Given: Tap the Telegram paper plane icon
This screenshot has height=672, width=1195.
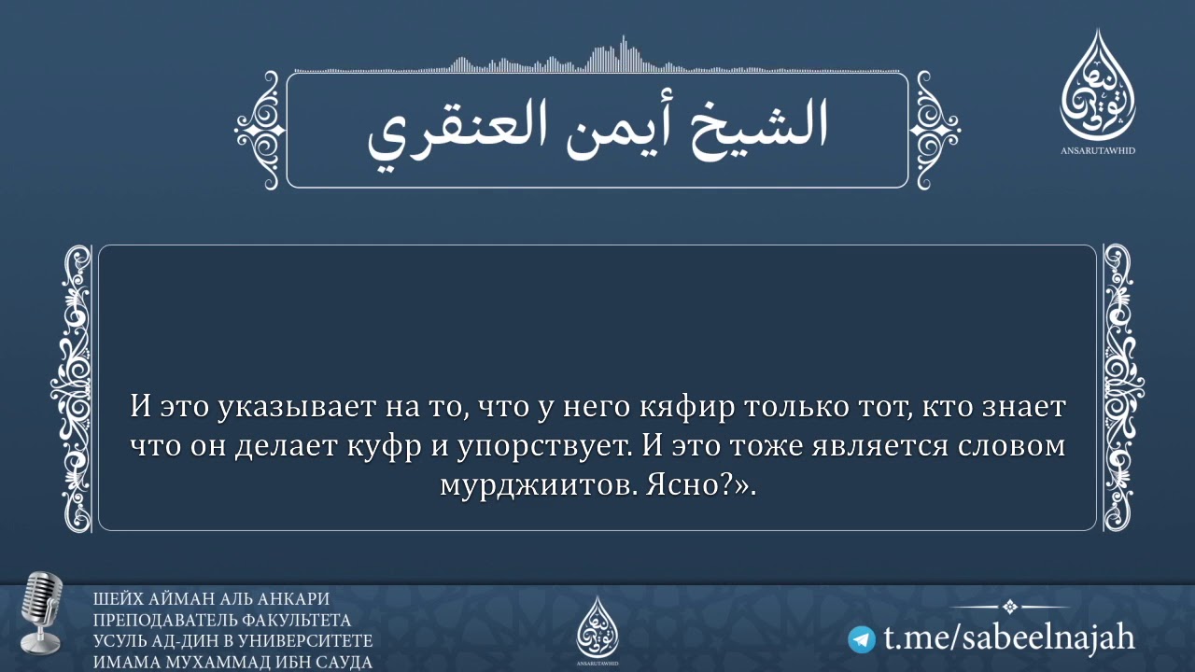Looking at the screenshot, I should click(862, 639).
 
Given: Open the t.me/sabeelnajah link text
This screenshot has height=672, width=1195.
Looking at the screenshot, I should click(1008, 638).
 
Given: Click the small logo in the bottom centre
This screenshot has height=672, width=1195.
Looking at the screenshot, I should click(597, 625).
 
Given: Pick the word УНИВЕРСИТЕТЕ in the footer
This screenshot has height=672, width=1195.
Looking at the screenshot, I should click(308, 641).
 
